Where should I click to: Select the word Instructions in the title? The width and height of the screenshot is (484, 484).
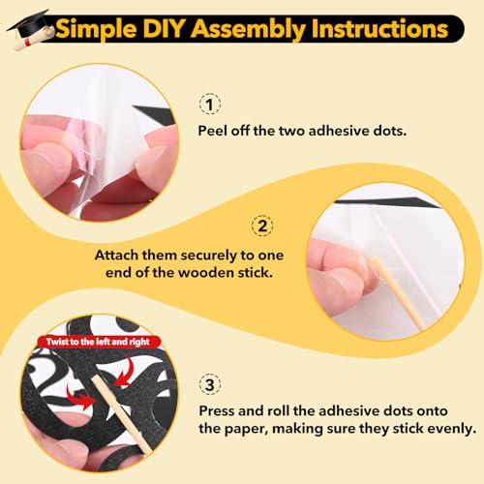coord(379,29)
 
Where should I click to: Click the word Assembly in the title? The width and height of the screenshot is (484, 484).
coord(249,30)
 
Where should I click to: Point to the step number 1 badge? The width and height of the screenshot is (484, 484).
coord(210,105)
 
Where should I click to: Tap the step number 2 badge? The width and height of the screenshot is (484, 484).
coord(262,226)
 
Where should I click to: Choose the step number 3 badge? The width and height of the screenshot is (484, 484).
coord(210,384)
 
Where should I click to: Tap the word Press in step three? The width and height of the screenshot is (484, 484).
coord(216,411)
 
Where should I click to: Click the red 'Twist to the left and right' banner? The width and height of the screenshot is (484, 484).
coord(98,342)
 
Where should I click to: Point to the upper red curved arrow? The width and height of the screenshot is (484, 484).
coord(125,371)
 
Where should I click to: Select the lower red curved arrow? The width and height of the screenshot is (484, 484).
coord(80,398)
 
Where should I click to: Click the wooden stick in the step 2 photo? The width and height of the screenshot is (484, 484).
coord(400,293)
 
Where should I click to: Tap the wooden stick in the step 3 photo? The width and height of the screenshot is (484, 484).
coord(122,415)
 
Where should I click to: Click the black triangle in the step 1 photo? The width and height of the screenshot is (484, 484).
coord(154,114)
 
